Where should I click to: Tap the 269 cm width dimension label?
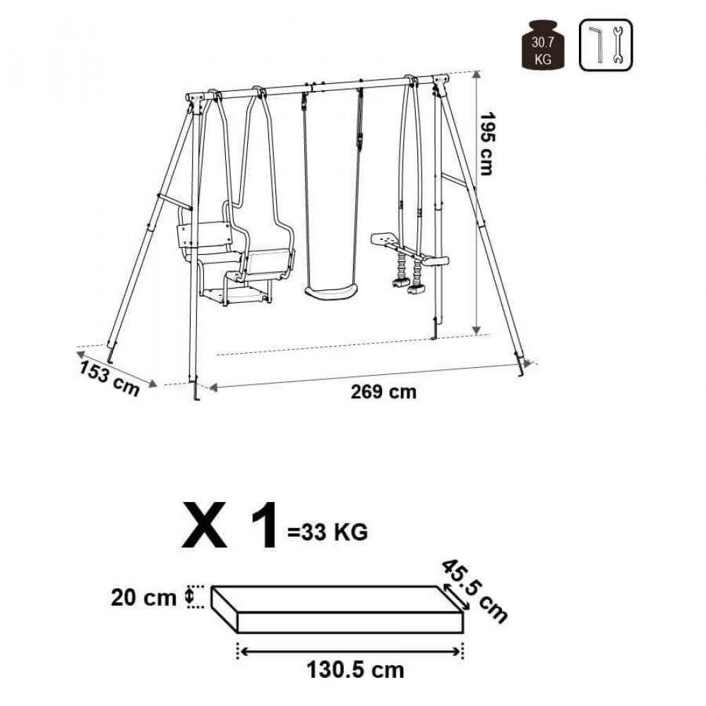384,393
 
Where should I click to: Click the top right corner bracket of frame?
439,83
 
